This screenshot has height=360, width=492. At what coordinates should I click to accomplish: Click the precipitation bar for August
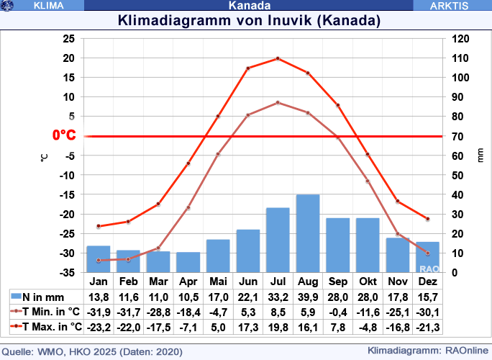308,233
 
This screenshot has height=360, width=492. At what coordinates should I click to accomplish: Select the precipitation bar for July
278,240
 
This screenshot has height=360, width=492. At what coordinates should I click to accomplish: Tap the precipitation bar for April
188,262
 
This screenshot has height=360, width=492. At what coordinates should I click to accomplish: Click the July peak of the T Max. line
278,58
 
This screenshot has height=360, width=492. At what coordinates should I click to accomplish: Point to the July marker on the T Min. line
278,102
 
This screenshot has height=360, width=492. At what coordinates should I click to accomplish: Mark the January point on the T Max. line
99,226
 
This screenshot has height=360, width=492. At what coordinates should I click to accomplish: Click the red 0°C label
65,135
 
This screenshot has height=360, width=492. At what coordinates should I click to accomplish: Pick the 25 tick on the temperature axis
68,38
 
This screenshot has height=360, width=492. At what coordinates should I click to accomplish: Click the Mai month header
218,281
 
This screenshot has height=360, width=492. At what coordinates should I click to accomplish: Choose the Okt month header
368,281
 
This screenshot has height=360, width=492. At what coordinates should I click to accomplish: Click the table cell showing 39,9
308,297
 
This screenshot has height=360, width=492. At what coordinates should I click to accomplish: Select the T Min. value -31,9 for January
99,312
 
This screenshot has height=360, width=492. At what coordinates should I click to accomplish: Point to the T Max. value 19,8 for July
278,327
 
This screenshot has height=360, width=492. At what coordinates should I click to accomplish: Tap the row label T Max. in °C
51,327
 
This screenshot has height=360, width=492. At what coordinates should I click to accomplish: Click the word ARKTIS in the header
450,5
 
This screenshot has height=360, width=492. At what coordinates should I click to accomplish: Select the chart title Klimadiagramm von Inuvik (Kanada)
249,20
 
